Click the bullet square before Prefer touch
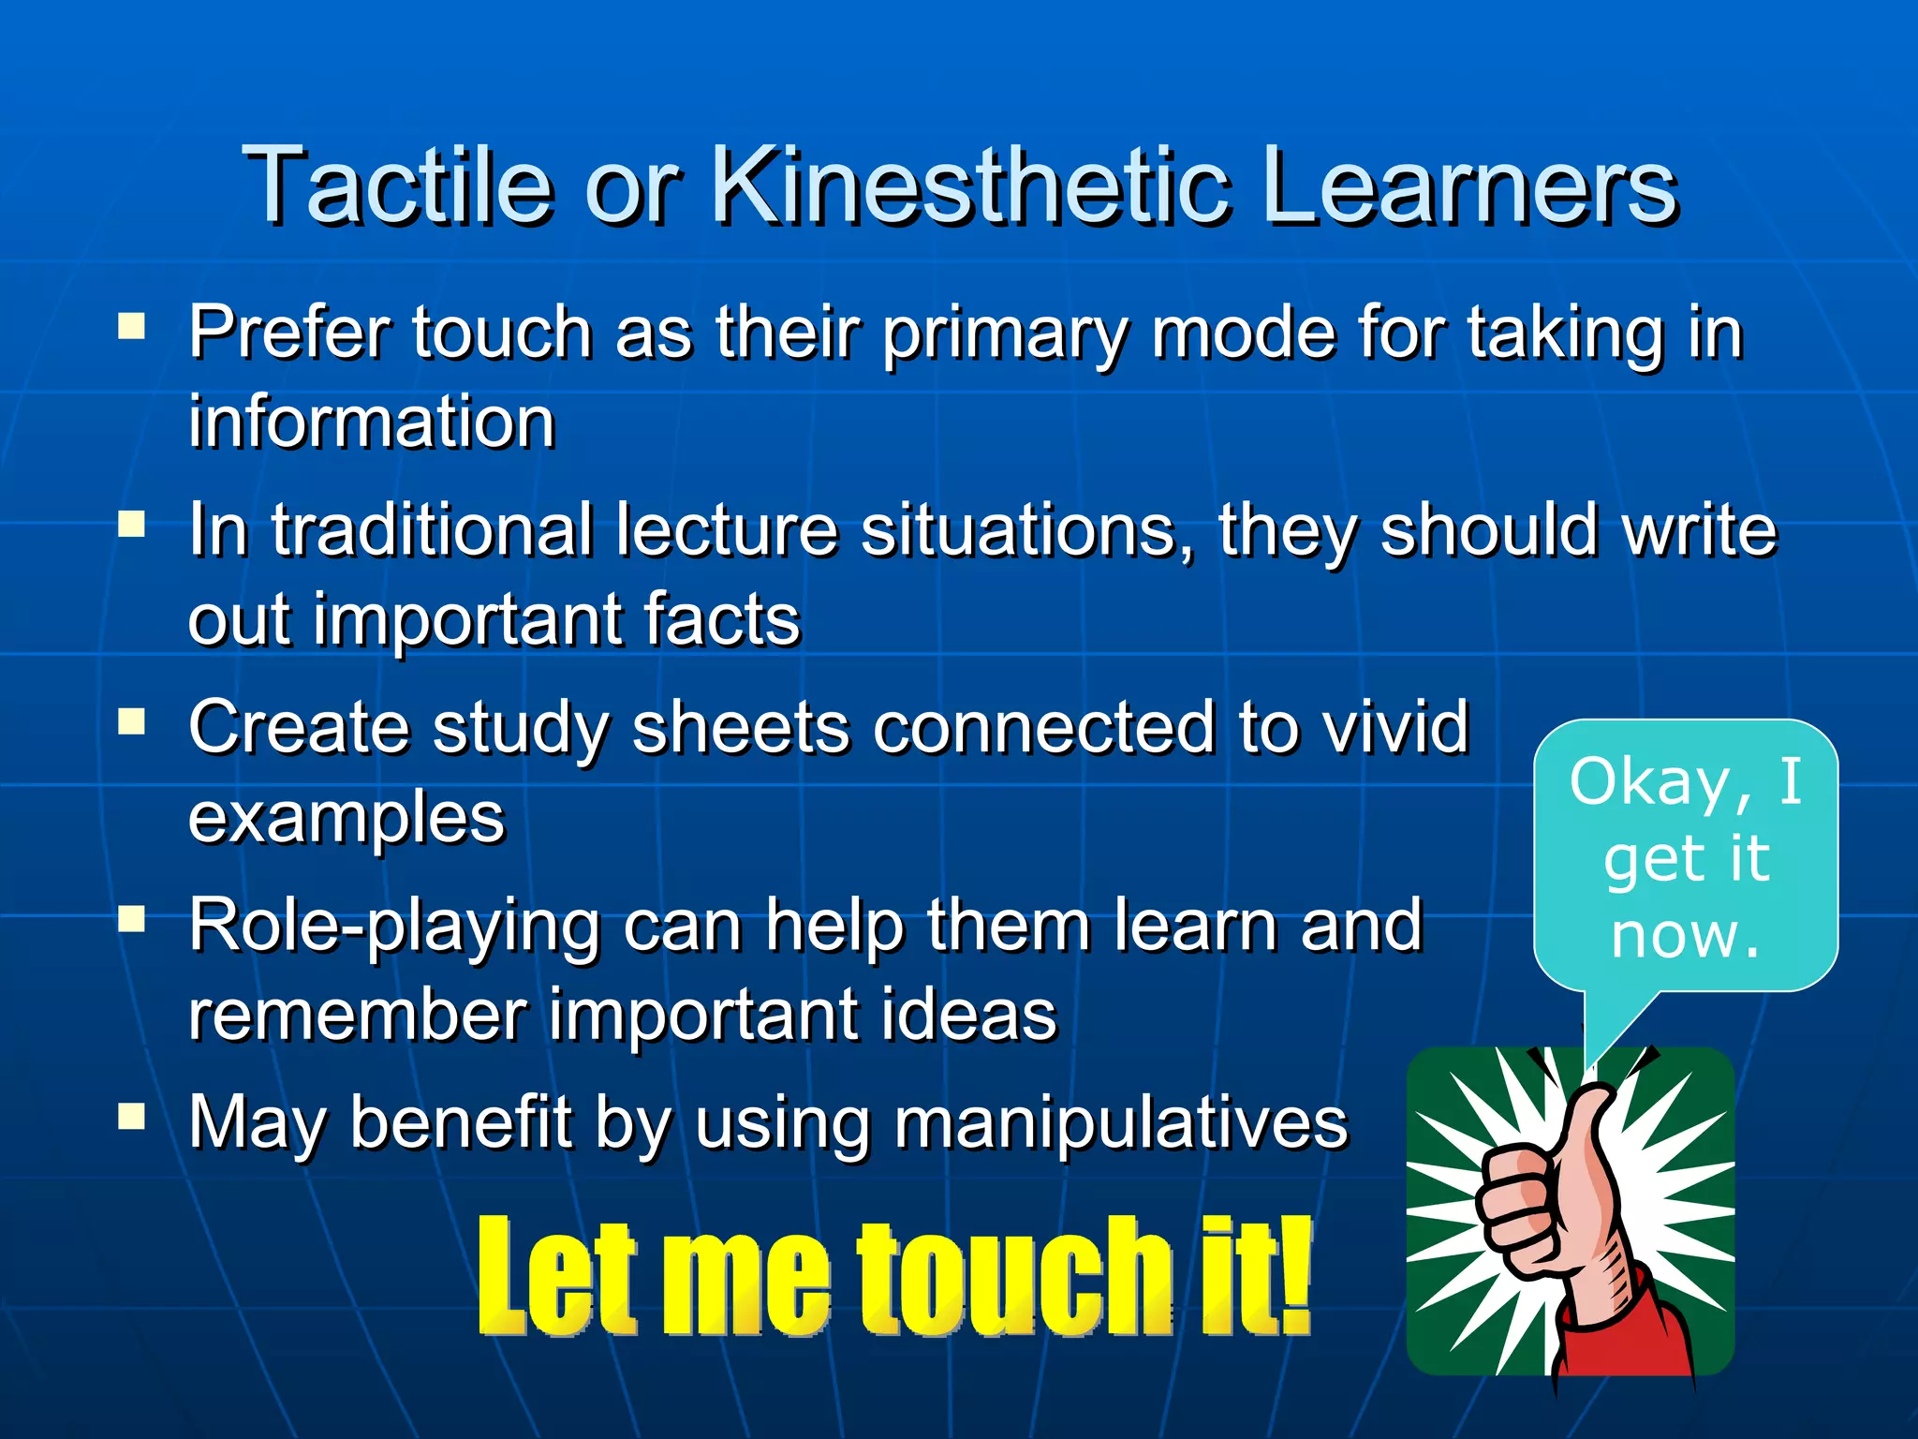point(131,326)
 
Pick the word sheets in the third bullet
point(740,728)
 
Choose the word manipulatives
point(1120,1122)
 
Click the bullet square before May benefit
point(131,1116)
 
